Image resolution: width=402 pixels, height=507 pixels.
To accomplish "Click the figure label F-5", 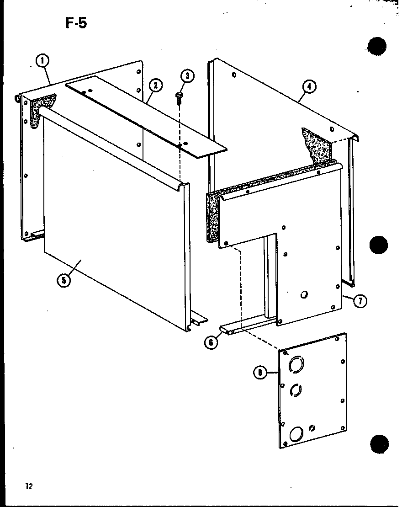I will (75, 23).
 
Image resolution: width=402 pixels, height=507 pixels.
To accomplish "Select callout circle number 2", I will (155, 85).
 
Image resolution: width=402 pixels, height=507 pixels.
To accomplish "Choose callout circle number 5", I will (64, 280).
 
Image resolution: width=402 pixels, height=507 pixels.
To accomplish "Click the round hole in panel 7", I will (304, 296).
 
